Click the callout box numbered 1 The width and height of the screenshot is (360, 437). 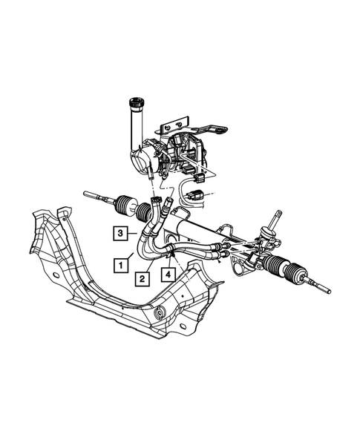pyautogui.click(x=121, y=266)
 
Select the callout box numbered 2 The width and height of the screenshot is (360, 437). pyautogui.click(x=143, y=278)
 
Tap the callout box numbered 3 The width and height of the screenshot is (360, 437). pyautogui.click(x=120, y=233)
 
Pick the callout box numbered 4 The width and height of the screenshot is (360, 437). pyautogui.click(x=168, y=275)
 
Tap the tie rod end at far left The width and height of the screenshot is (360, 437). pyautogui.click(x=96, y=195)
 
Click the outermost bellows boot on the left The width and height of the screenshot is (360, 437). pyautogui.click(x=125, y=205)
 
